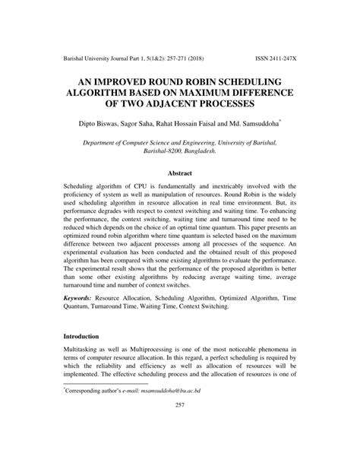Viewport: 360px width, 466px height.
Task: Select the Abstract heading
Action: click(180, 173)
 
